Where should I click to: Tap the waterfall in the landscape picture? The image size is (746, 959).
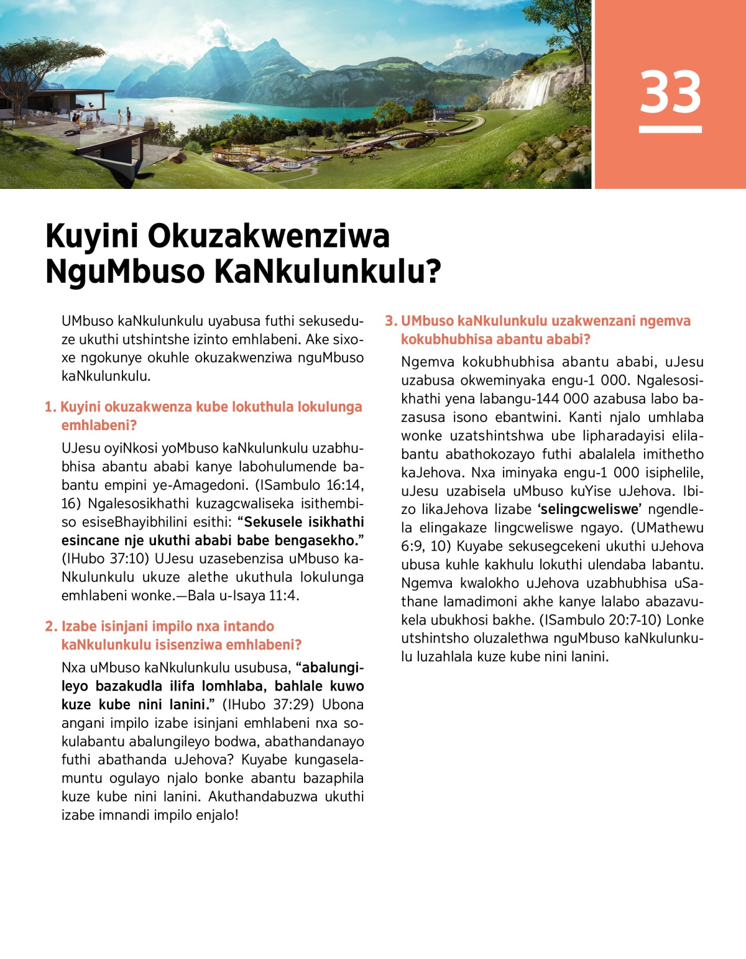[538, 90]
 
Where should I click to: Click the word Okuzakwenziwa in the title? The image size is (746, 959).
[269, 236]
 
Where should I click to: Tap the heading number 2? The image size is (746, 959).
[50, 626]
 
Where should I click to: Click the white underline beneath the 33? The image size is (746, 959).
[670, 129]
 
